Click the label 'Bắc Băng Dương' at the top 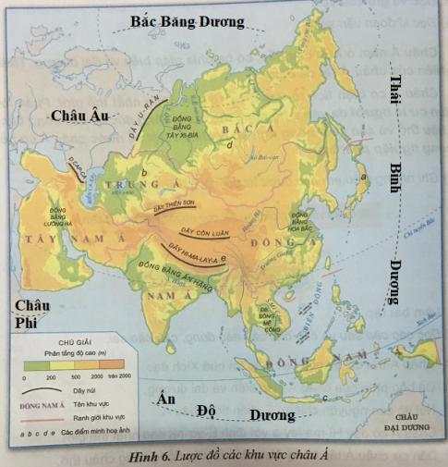(188, 21)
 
